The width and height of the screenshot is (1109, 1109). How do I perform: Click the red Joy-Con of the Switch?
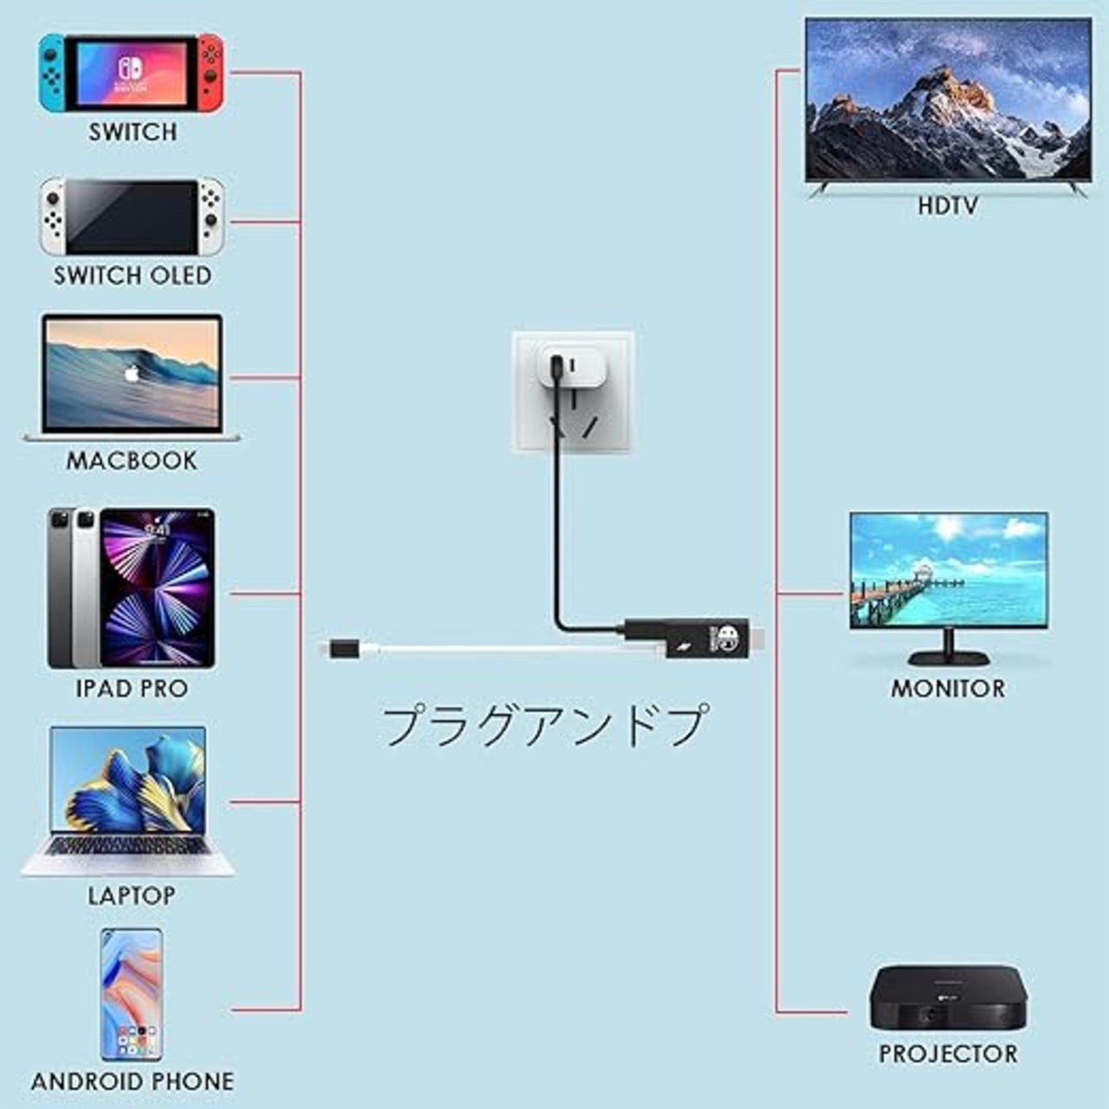click(210, 72)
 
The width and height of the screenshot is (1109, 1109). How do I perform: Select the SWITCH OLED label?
click(133, 276)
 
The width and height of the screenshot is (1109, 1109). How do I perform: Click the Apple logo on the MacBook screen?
click(132, 374)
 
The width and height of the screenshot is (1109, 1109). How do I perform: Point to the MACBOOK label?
click(132, 460)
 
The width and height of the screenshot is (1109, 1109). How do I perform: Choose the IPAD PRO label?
click(132, 689)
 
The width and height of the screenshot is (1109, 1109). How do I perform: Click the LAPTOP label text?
click(132, 895)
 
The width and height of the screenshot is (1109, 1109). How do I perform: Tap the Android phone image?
click(131, 995)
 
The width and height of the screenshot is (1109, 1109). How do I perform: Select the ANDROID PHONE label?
click(133, 1081)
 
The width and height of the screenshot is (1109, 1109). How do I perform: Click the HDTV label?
click(948, 206)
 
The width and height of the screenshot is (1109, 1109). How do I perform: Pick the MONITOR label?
click(948, 689)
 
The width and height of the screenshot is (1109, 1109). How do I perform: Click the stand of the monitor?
click(949, 648)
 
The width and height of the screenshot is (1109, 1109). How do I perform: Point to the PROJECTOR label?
click(948, 1054)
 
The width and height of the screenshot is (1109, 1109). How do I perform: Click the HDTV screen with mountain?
click(948, 99)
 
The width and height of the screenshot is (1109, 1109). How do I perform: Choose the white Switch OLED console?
click(132, 217)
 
